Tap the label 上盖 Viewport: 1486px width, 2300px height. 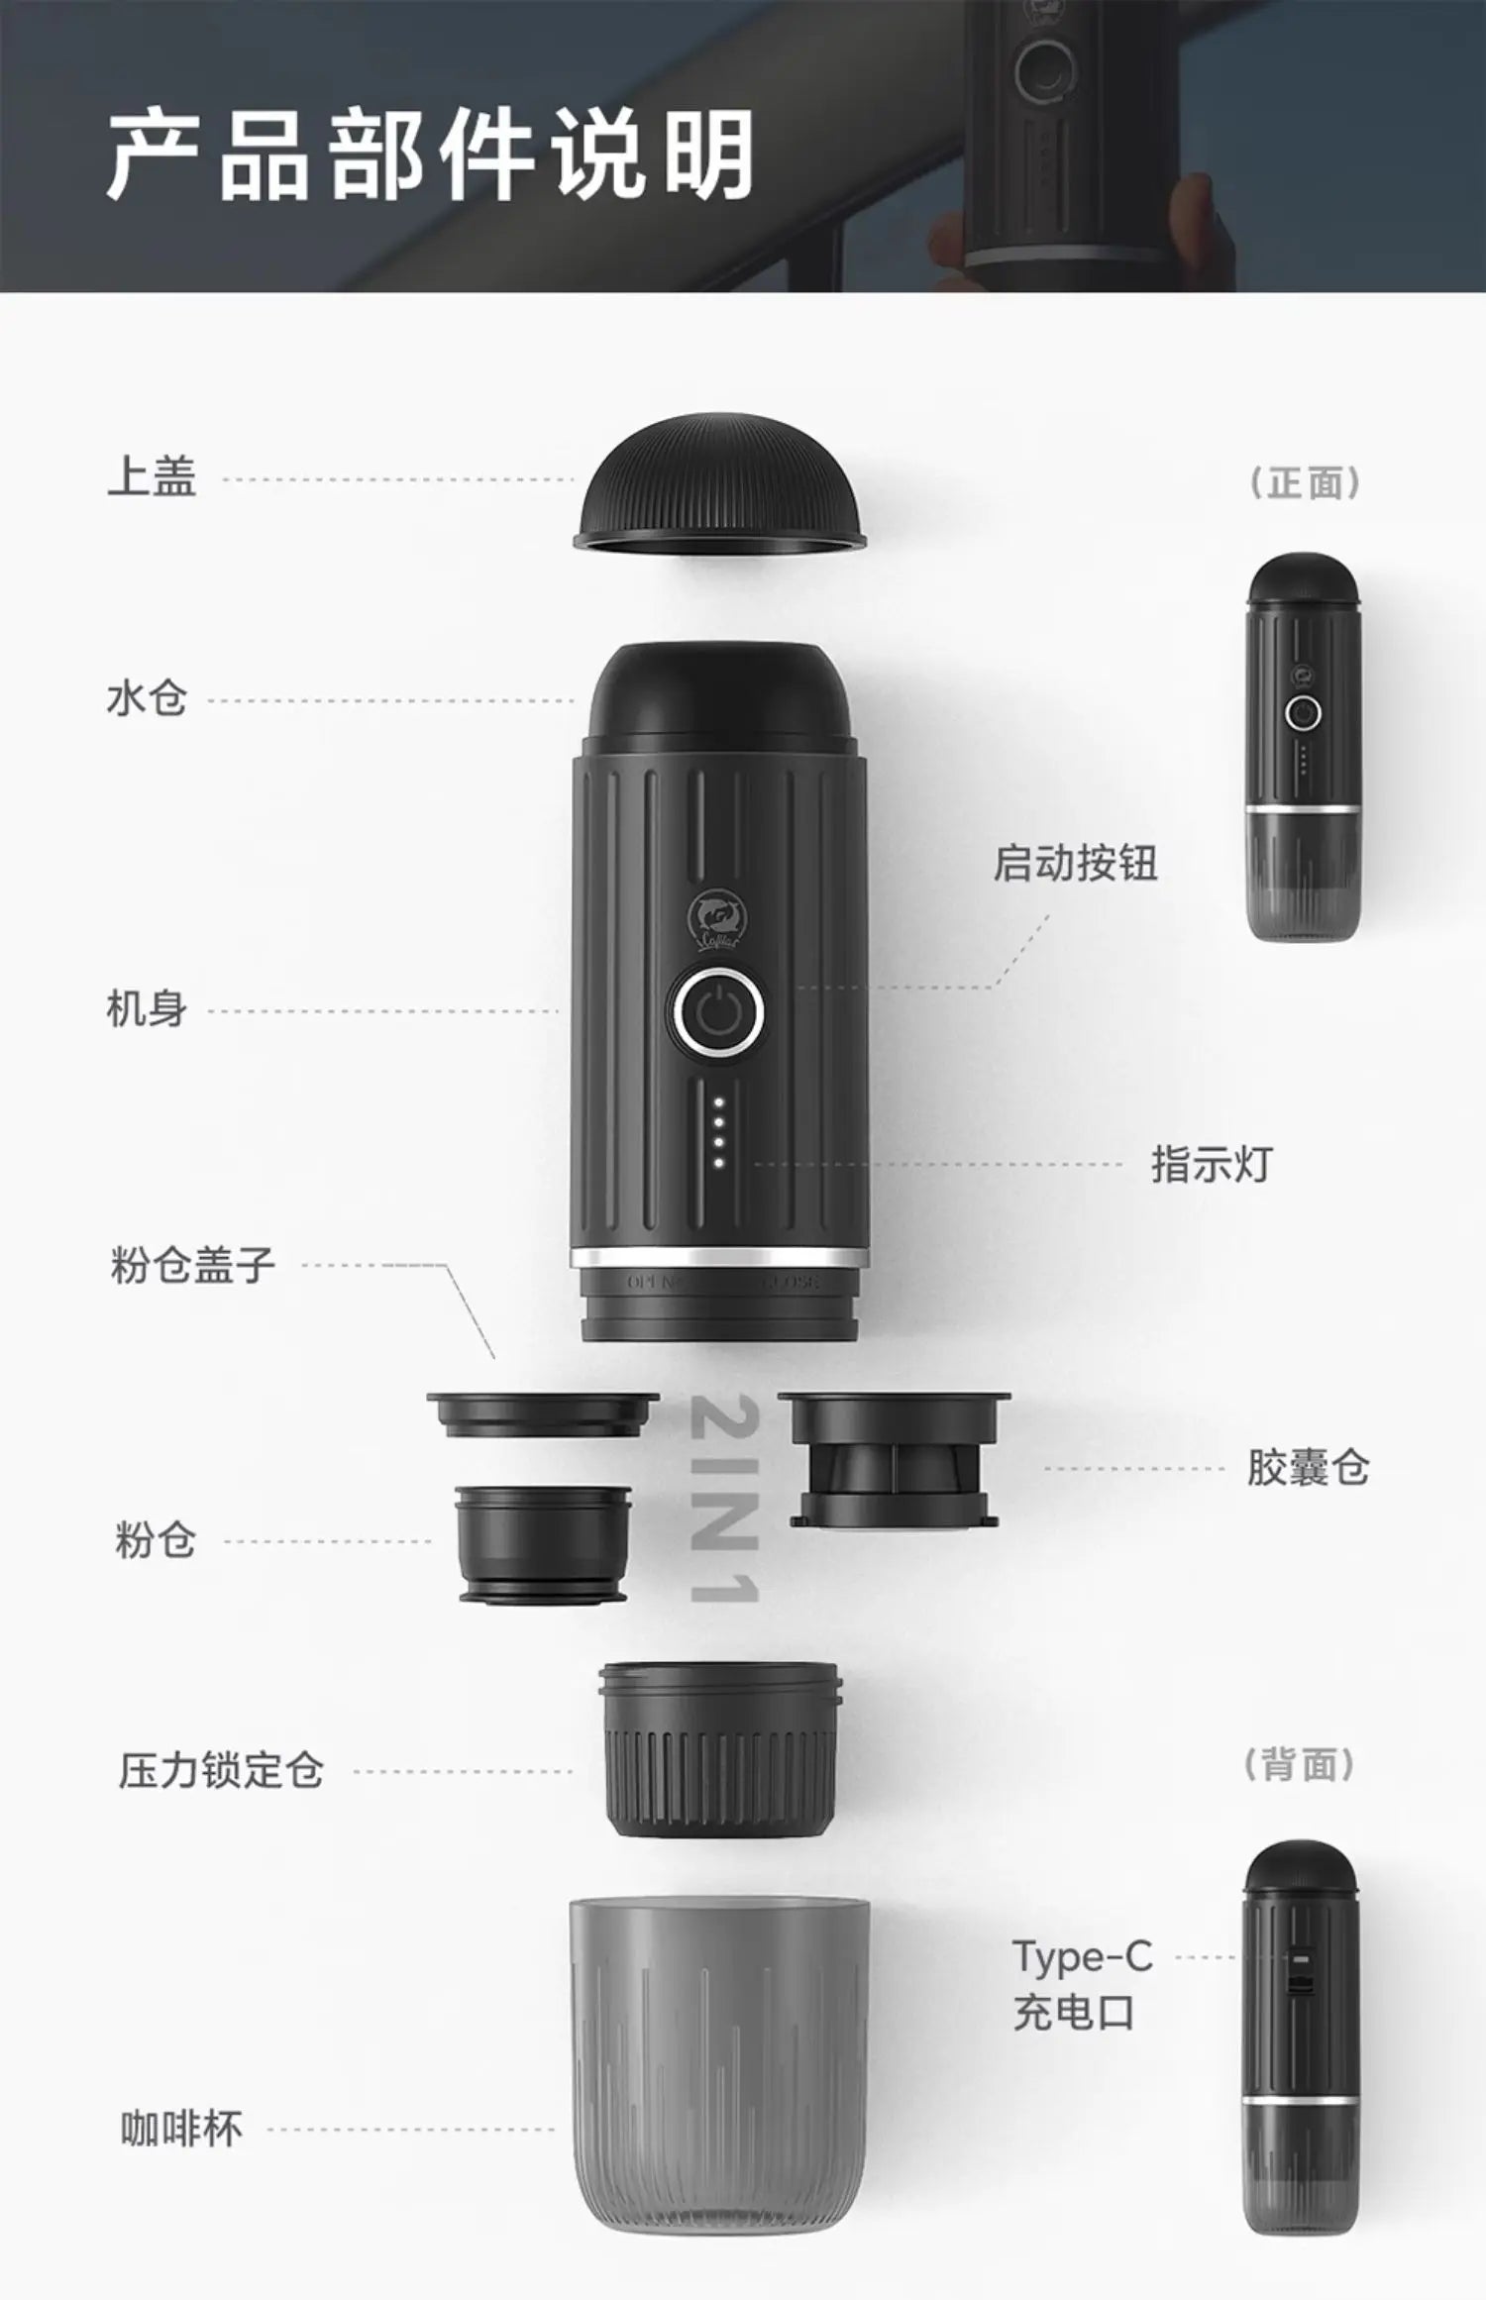tap(152, 477)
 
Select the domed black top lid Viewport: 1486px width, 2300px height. tap(719, 481)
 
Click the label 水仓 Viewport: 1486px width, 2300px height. tap(147, 699)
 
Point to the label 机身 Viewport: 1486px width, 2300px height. tap(147, 1010)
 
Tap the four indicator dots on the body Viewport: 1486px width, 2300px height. tap(719, 1132)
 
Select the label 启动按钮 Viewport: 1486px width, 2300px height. tap(1075, 863)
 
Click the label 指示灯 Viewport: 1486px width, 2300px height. tap(1211, 1164)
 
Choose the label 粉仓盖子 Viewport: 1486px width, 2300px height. tap(192, 1265)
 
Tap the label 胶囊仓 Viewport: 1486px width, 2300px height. tap(1308, 1468)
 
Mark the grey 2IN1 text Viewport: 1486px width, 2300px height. tap(724, 1499)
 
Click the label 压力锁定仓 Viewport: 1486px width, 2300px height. tap(221, 1771)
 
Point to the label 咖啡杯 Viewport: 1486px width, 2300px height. tap(181, 2129)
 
